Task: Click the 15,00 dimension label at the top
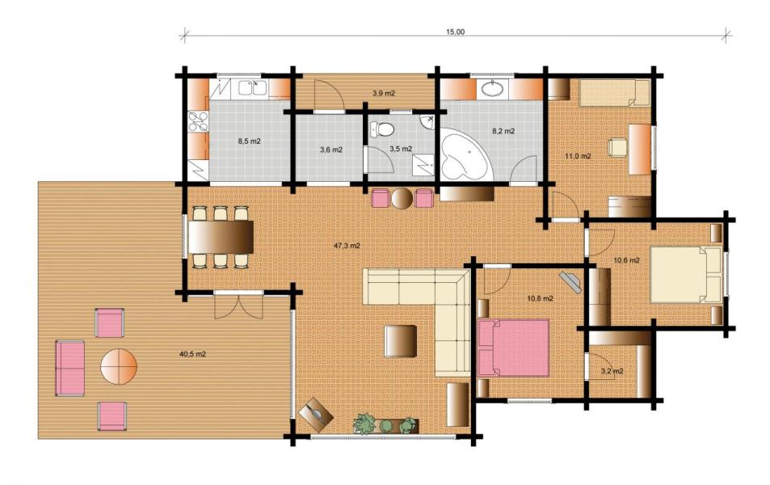[455, 32]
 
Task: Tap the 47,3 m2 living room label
[347, 246]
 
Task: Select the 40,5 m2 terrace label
[192, 354]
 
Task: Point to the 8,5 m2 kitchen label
[250, 141]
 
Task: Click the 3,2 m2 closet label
[612, 371]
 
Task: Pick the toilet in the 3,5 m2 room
[383, 129]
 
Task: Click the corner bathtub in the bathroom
[465, 154]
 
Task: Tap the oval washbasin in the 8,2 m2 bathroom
[492, 89]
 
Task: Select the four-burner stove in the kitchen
[199, 122]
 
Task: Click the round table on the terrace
[119, 366]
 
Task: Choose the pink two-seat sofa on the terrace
[70, 368]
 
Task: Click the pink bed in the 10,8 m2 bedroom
[513, 348]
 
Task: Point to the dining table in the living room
[221, 237]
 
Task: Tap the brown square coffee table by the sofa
[400, 341]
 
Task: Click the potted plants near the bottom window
[386, 424]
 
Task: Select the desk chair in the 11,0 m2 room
[617, 148]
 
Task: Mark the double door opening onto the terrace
[238, 306]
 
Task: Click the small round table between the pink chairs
[402, 198]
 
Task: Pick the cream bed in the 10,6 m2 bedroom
[686, 275]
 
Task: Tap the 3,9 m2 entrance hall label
[384, 94]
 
